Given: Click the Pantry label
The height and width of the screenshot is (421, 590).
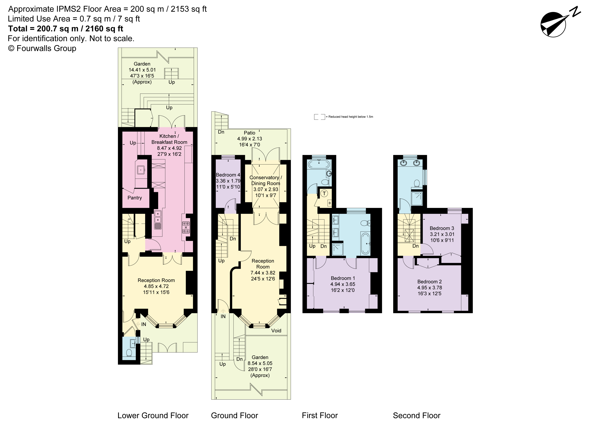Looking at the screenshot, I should [135, 198].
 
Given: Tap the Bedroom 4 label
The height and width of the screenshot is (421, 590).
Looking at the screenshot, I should [228, 175].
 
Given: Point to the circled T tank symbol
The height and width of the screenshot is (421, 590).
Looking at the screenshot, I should [324, 193].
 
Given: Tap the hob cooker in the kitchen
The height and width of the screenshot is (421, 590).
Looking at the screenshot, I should [186, 227].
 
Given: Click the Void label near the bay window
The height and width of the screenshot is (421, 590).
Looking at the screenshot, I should [276, 331].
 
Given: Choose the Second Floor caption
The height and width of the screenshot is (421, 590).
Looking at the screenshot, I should [417, 416].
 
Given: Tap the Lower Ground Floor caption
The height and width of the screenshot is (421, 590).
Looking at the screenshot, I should [153, 416].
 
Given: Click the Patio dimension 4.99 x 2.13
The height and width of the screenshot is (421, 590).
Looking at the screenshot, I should [249, 139].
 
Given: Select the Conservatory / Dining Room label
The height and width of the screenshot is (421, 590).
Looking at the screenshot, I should [266, 180].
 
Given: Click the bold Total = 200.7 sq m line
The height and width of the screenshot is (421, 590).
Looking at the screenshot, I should [66, 28].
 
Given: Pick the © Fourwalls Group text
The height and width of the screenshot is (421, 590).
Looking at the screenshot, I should [42, 48].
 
